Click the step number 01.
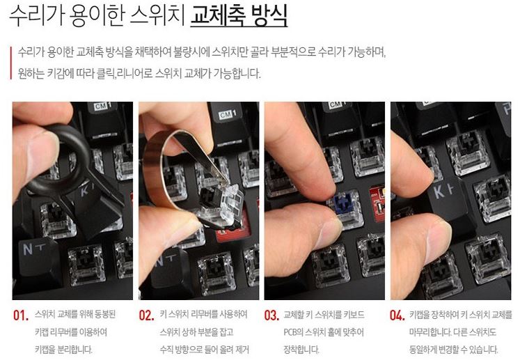[x=21, y=315]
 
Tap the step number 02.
[x=147, y=315]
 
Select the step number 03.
[x=272, y=315]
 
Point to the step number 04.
[x=397, y=315]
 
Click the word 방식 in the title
[x=269, y=15]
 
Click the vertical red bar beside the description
[x=10, y=63]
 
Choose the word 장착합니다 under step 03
[x=301, y=350]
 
